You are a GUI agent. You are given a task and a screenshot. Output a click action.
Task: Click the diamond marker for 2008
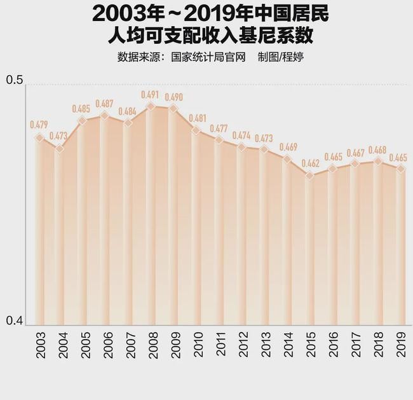151,107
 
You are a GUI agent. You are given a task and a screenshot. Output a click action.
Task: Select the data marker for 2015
309,176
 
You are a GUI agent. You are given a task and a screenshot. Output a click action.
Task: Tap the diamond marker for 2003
39,138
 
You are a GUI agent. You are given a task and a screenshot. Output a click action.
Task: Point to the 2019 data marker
400,169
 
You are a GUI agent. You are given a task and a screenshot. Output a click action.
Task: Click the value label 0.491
151,95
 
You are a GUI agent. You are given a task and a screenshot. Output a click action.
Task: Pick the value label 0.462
309,163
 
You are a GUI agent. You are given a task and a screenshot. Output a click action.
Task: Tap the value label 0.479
39,124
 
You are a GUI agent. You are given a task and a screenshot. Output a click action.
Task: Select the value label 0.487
105,104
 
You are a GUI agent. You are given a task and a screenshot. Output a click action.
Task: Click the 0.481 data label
196,118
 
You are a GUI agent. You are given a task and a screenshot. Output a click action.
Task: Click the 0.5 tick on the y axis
14,81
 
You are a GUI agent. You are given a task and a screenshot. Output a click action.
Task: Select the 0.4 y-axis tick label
14,322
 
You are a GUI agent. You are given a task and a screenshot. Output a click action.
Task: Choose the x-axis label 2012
243,345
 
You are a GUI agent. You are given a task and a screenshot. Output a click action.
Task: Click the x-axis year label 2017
356,345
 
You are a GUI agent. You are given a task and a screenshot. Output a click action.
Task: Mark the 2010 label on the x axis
198,345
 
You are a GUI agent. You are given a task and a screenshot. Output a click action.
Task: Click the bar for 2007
128,223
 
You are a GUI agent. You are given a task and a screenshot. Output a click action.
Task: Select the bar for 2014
287,242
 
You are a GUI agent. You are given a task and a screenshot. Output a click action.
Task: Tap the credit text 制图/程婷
280,57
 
